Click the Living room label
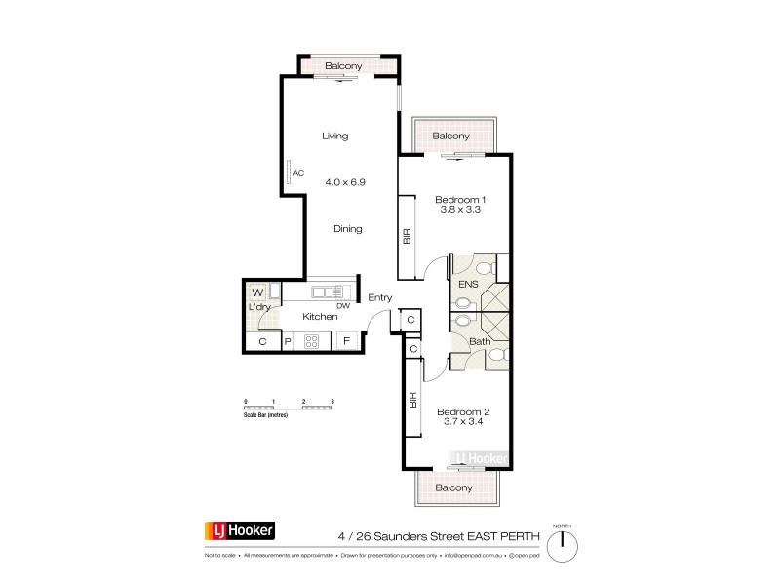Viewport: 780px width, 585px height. pos(334,136)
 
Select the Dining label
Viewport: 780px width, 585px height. pos(347,229)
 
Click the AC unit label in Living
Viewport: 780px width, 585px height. pos(298,174)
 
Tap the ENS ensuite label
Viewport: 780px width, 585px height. pos(469,284)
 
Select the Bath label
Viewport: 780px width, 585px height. pos(478,341)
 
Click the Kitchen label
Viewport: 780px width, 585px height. pos(320,316)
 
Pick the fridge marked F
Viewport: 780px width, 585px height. pos(347,342)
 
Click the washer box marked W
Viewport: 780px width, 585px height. pos(257,292)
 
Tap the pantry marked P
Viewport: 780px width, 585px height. pos(288,342)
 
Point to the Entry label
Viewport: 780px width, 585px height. pos(379,299)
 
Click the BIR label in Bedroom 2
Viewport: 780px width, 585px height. pos(412,399)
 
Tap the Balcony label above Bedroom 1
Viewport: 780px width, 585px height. pos(450,136)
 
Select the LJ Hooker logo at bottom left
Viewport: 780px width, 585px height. pos(239,531)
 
